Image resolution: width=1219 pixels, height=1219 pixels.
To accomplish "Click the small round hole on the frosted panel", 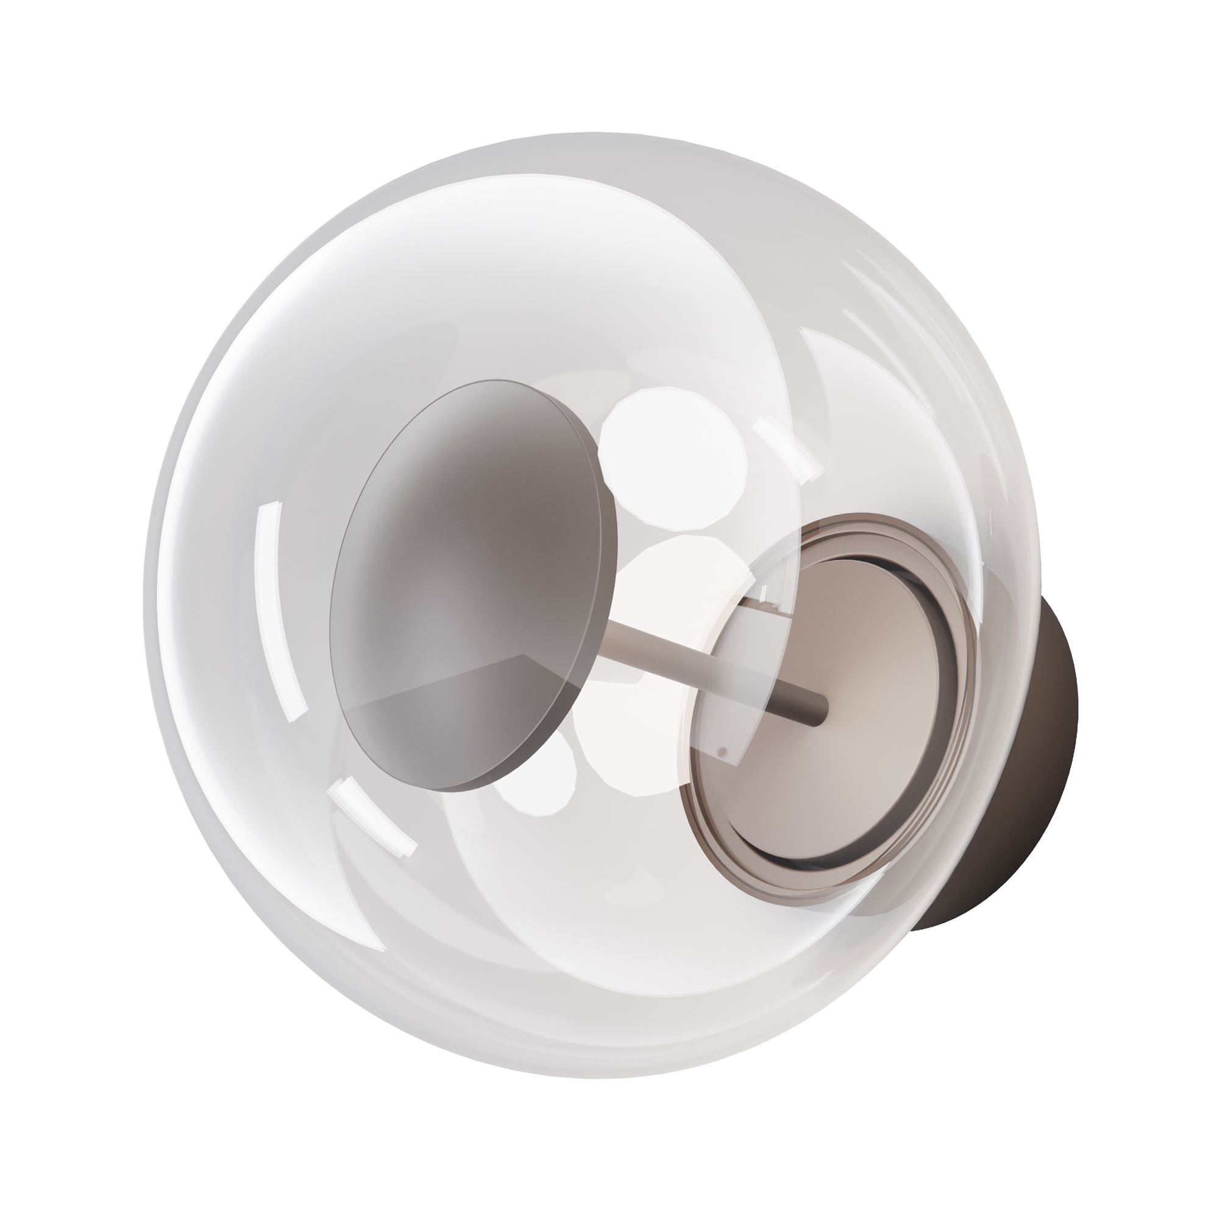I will coord(723,752).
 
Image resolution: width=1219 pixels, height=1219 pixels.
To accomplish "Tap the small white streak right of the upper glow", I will coord(789,448).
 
